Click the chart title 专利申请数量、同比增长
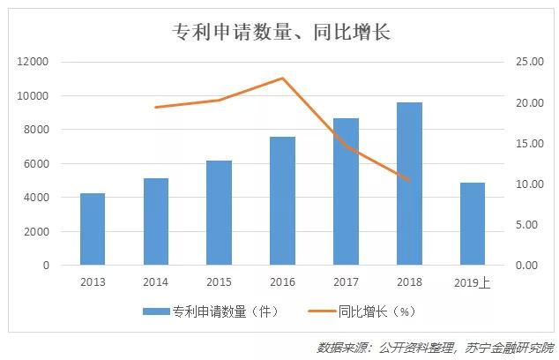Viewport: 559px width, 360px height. coord(279,33)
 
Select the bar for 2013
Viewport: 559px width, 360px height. coord(93,229)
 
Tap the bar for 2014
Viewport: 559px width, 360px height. coord(155,221)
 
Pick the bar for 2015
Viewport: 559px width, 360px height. coord(219,213)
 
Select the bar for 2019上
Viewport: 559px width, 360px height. coord(473,224)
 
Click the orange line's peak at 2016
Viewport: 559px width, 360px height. coord(282,78)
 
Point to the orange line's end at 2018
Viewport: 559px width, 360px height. coord(409,180)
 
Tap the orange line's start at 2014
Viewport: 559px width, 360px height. coord(155,108)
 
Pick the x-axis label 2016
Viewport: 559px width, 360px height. coord(282,282)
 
